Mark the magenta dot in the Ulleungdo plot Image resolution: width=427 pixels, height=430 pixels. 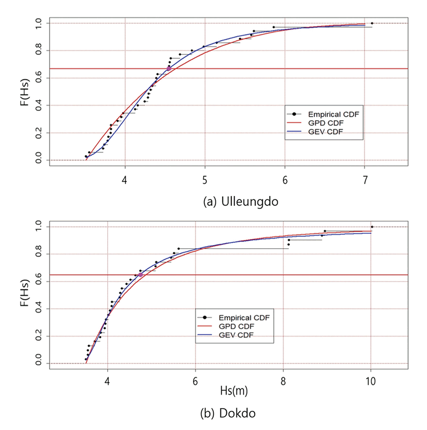click(x=169, y=69)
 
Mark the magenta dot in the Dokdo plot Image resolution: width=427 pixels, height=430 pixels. click(x=141, y=275)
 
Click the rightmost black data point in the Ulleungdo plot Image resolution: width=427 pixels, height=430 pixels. click(x=372, y=23)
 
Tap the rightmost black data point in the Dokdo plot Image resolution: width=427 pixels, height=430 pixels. click(x=372, y=227)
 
